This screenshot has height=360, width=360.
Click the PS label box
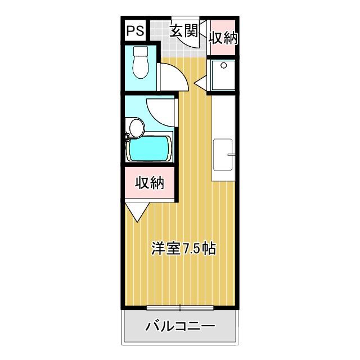(x=134, y=31)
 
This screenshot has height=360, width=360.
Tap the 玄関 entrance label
(x=184, y=31)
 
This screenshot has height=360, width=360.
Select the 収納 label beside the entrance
(x=223, y=38)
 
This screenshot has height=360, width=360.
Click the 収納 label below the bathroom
(x=149, y=183)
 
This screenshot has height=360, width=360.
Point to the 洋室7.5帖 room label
(x=183, y=249)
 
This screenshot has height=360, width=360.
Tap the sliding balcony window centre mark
(x=180, y=307)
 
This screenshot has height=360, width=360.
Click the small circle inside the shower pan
(x=224, y=66)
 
